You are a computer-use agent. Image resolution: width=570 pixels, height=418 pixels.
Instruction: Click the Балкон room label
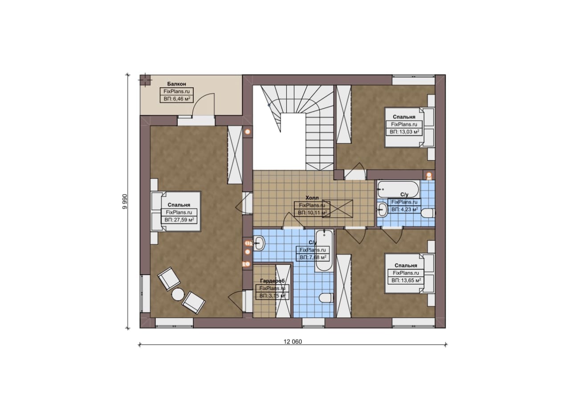177,84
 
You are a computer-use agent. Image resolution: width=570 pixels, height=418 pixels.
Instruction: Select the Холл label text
312,198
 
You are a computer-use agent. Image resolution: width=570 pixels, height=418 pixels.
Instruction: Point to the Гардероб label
272,281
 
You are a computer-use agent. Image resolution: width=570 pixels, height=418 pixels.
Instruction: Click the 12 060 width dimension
293,342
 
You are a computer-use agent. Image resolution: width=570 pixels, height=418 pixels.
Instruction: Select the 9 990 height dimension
124,202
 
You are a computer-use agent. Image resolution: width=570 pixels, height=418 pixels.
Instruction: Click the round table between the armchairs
178,295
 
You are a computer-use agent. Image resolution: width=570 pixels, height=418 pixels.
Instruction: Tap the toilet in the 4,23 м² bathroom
428,213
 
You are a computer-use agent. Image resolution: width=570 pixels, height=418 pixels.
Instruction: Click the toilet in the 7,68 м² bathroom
326,298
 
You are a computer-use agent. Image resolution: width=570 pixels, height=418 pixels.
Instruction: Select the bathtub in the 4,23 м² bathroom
398,189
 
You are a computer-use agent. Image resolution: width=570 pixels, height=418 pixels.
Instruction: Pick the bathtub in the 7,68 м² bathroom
324,251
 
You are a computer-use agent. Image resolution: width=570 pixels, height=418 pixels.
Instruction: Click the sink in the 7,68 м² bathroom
259,243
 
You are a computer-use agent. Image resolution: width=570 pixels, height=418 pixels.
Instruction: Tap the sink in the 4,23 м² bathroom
382,210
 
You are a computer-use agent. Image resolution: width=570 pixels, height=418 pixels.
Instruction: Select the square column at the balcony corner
146,80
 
